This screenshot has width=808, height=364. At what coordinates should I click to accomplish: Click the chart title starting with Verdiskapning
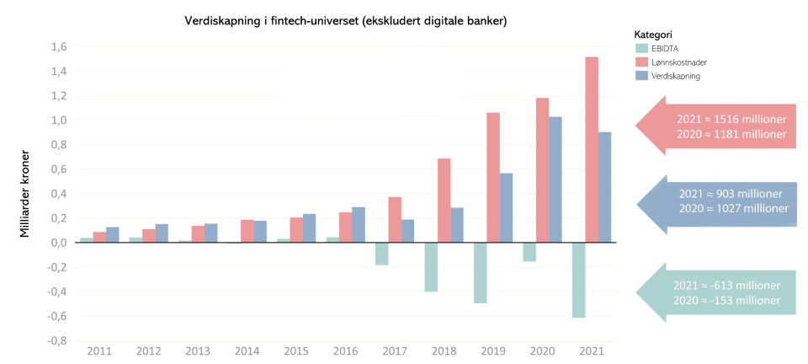tap(345, 20)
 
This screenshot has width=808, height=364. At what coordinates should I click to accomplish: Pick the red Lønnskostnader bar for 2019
tap(493, 177)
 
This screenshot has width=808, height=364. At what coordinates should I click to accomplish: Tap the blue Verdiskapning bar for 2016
tap(359, 224)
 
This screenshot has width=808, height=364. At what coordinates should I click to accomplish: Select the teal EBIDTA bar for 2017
tap(382, 253)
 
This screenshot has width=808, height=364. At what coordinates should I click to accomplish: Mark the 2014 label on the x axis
tap(247, 351)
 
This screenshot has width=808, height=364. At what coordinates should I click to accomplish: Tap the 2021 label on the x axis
tap(592, 351)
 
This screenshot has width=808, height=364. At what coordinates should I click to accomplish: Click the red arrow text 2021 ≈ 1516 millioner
tap(731, 120)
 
